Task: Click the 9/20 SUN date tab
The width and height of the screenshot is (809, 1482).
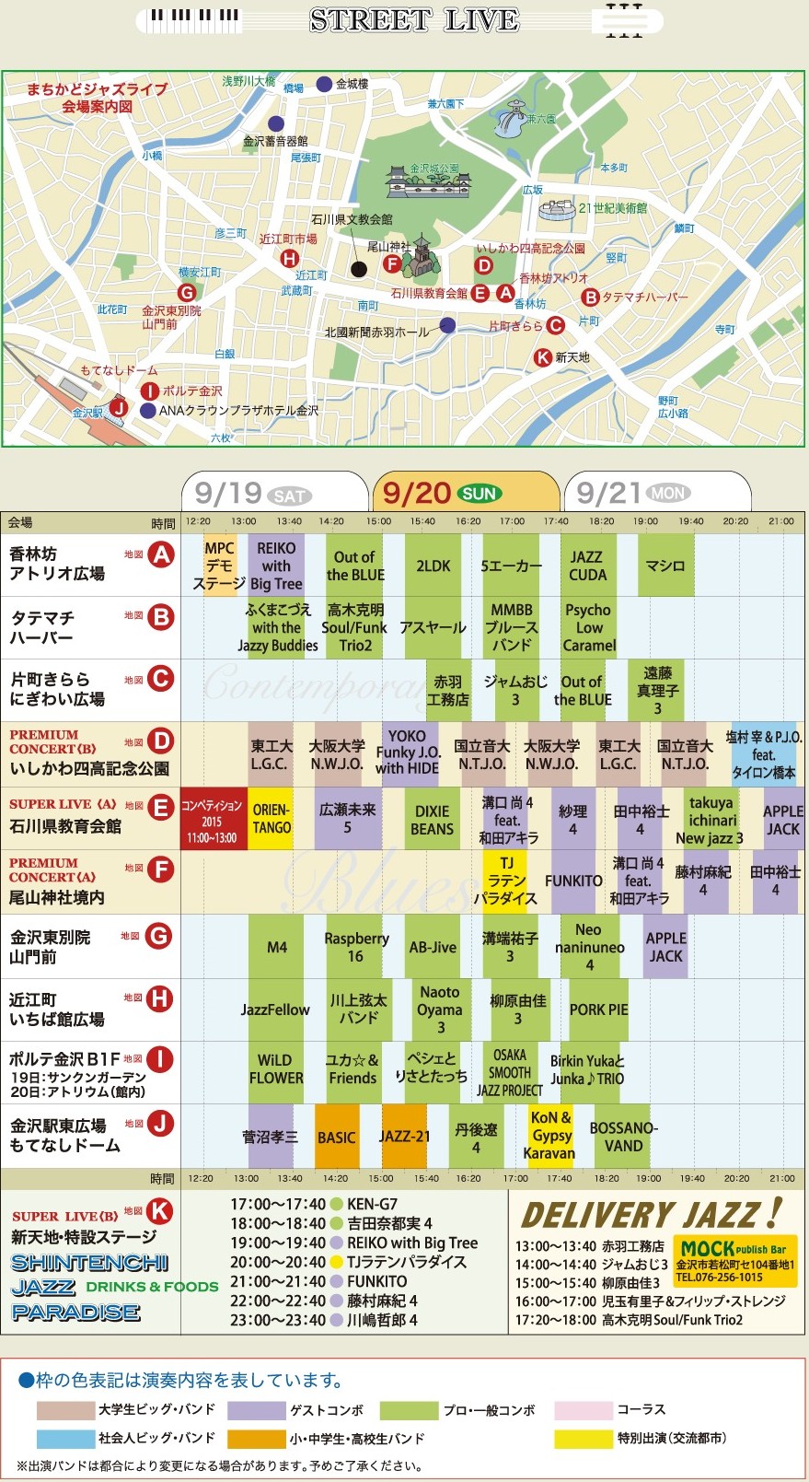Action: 465,492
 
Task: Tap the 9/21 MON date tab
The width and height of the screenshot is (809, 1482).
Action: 655,493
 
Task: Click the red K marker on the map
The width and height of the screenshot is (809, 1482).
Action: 543,356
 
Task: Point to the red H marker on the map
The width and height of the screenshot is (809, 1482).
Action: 290,259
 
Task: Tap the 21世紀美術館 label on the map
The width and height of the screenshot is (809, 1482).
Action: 612,208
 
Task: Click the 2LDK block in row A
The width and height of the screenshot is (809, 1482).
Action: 433,566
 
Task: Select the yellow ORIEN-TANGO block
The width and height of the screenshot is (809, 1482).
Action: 272,818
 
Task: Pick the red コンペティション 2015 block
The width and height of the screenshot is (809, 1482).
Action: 212,818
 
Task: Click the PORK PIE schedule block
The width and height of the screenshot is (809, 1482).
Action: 598,1009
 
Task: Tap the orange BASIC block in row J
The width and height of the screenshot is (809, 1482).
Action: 336,1137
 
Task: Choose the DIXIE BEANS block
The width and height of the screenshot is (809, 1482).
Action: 433,820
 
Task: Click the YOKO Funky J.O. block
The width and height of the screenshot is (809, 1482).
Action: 407,752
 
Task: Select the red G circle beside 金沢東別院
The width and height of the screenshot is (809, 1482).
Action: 158,937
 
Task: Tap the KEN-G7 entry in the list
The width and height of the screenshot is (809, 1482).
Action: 372,1204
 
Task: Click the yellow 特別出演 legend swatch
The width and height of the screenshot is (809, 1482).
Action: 584,1438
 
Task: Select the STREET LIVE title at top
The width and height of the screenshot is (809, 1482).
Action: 414,19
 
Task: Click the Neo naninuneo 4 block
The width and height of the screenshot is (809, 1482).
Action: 589,947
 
